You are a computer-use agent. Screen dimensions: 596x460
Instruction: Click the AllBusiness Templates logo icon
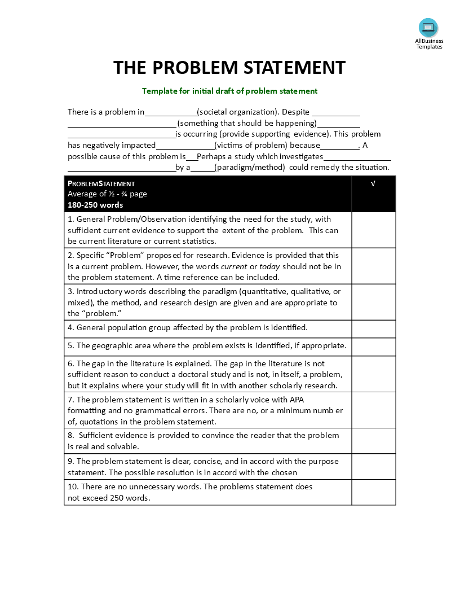coord(428,27)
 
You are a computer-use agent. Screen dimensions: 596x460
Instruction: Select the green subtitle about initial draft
coord(229,91)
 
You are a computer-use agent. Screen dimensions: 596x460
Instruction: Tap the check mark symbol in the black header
coord(373,184)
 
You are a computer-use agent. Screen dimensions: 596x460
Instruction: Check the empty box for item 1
coord(373,230)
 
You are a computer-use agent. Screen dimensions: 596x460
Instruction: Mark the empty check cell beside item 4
coord(373,328)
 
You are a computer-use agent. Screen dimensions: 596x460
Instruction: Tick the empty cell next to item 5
coord(373,347)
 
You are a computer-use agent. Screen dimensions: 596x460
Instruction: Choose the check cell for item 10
coord(373,492)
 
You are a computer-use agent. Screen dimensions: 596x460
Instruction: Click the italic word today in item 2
coord(269,266)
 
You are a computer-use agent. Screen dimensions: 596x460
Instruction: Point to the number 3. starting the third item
coord(71,291)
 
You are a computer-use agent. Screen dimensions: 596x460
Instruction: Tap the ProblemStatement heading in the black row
coord(101,183)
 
